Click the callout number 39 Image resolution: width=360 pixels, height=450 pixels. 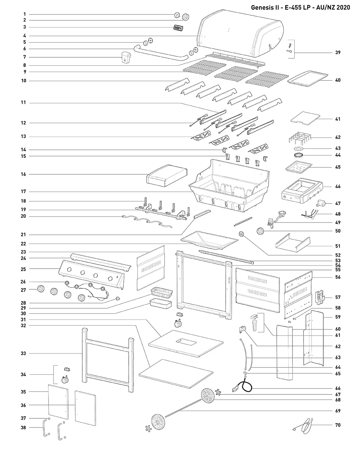tap(337, 52)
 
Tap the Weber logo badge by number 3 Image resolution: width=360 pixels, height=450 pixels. tap(179, 28)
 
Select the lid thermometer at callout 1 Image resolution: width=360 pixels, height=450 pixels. tap(177, 15)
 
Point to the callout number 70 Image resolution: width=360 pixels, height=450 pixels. tap(337, 425)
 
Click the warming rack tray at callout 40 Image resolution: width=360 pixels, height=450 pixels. tap(308, 78)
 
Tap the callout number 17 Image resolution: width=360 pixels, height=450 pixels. tap(23, 191)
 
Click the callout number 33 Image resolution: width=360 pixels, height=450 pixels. tap(23, 353)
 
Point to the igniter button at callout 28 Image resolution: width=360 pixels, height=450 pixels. tap(118, 298)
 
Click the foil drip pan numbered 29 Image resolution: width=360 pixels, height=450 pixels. tap(162, 292)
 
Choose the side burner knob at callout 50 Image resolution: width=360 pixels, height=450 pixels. tap(260, 231)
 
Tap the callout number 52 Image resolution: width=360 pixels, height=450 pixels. tap(337, 255)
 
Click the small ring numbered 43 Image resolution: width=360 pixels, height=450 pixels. tap(299, 149)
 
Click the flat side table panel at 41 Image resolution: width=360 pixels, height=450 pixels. tap(305, 118)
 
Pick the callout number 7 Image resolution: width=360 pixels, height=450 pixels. tap(25, 57)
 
